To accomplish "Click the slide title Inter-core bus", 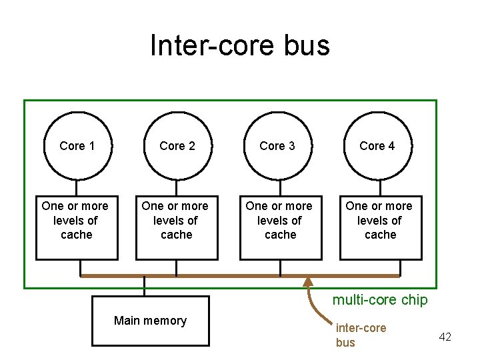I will (240, 46).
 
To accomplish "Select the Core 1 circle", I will (77, 146).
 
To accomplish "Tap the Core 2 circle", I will (177, 146).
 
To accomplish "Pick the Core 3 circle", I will (277, 146).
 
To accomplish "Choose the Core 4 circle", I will (377, 146).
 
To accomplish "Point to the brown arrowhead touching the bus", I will (308, 283).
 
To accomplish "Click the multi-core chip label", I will (380, 300).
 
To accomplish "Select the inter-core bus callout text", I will (361, 335).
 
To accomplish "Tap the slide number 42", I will (445, 337).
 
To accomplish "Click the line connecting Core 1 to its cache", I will (77, 187).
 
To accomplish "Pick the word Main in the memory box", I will (126, 321).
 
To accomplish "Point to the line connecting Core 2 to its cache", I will (177, 187).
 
